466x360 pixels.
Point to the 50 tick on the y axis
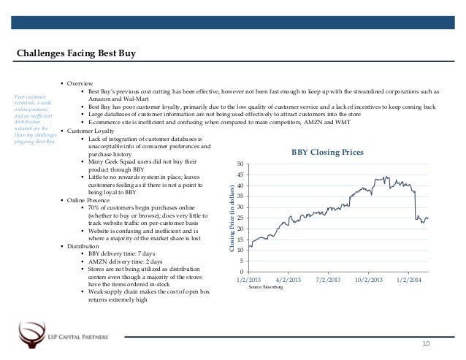pos(242,162)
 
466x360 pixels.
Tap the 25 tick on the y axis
pos(242,217)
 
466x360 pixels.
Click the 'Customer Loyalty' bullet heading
pos(91,131)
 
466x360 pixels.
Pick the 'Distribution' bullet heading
pos(84,246)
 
